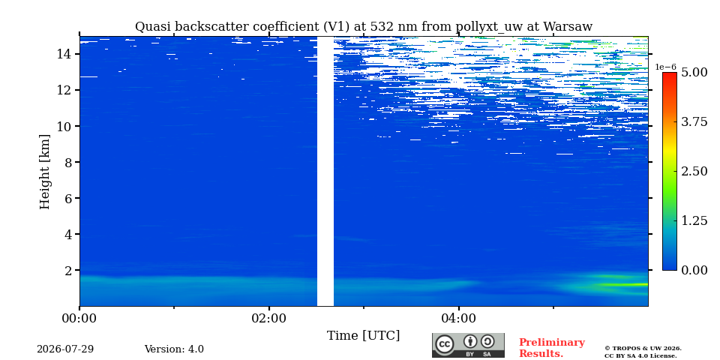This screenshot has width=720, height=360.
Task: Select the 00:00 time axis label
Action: tap(80, 318)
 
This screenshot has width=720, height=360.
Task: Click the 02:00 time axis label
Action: tap(269, 318)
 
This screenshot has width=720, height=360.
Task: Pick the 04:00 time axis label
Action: tap(459, 318)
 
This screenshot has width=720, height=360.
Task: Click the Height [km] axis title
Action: tap(44, 172)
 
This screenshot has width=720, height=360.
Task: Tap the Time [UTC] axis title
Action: tap(363, 336)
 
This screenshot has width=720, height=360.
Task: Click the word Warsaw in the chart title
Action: tap(568, 27)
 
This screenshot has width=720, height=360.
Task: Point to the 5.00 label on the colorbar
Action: tap(694, 73)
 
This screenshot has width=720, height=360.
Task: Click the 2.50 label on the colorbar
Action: tap(694, 171)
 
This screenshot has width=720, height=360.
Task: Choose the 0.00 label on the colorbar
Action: tap(694, 270)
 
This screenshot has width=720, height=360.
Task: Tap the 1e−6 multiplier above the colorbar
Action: tap(665, 67)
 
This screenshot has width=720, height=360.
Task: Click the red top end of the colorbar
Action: tap(670, 75)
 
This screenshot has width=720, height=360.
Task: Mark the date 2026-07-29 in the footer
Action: tap(65, 349)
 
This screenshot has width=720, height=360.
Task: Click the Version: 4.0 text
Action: tap(174, 349)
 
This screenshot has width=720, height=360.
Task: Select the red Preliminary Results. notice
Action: tap(552, 348)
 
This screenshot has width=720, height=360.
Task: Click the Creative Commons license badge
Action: tap(468, 345)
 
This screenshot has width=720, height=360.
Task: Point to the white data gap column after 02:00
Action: tap(325, 171)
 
